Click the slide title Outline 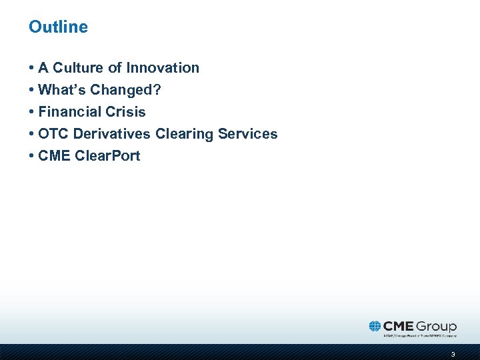(58, 27)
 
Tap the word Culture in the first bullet (77, 68)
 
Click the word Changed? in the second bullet (128, 90)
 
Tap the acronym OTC (53, 134)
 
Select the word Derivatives (112, 134)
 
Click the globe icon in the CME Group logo (375, 326)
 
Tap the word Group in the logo (437, 327)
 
